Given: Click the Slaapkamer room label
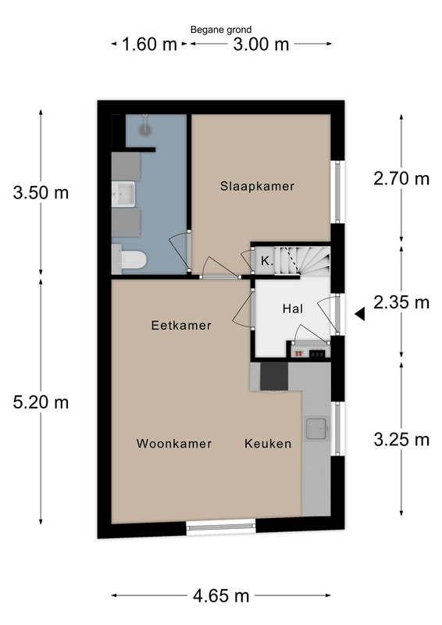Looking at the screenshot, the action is pos(257,186).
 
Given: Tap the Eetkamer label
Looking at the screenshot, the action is pos(181,325).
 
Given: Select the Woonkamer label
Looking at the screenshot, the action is pos(174,444).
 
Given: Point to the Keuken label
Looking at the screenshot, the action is pos(268,444).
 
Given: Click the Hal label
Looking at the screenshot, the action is pos(293,309).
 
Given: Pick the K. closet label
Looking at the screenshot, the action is pos(266,262).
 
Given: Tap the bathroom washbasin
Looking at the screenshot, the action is pos(123,194).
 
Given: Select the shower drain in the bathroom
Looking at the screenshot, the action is pos(144,130).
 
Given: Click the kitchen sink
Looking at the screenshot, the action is pos(317,428).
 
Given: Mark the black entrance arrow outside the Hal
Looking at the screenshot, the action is pos(360,314).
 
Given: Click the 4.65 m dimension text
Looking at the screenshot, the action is pos(221,596).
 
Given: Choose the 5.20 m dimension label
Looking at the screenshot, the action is pos(41,402).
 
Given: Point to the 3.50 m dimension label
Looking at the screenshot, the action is pos(41,193).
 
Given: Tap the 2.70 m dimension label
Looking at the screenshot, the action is pos(401,179).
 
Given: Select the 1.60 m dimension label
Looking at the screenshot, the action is pos(149,44).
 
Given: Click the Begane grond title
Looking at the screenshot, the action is pos(221,30).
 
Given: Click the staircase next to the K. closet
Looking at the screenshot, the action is pos(302,261).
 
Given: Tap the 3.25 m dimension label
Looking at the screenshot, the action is pos(401,440).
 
